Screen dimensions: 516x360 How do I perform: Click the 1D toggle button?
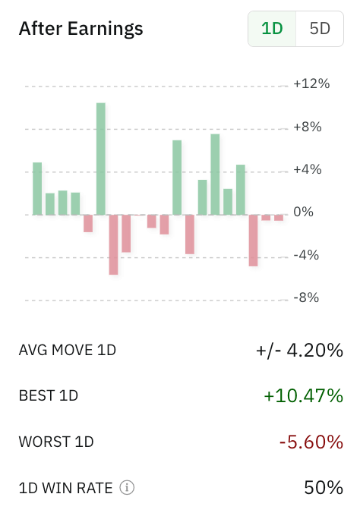272,29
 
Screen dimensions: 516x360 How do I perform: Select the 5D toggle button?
320,29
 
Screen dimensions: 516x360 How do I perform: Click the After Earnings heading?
81,29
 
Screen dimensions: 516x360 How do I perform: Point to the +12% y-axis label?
311,83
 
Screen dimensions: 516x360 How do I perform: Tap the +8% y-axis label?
308,127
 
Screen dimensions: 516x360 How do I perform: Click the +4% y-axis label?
308,169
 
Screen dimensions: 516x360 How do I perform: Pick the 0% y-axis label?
303,212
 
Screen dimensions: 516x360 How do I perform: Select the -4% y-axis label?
306,255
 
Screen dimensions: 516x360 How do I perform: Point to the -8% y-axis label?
306,297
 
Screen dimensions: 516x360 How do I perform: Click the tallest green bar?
101,159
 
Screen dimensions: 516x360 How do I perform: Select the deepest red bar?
113,244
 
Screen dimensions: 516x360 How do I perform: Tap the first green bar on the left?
37,188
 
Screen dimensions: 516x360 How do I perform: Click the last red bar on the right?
279,218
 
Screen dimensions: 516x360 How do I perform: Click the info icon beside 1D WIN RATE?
128,487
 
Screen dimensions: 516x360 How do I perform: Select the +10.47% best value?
303,395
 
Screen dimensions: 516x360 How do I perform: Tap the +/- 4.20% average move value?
299,350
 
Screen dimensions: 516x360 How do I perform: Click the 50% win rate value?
324,487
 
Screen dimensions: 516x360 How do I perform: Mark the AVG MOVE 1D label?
67,350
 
